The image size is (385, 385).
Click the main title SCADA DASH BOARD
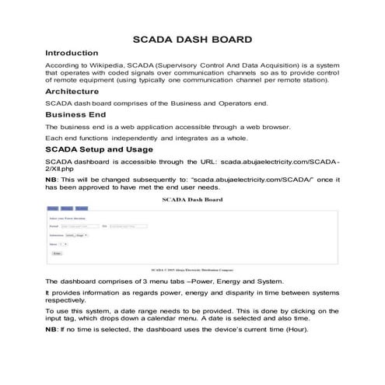point(192,38)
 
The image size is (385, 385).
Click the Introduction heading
point(72,52)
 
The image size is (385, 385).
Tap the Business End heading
point(75,114)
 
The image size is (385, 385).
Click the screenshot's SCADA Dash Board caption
point(192,200)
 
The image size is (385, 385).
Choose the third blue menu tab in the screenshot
point(81,208)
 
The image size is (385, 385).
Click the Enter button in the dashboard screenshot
point(57,254)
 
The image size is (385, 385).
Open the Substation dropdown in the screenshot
point(76,234)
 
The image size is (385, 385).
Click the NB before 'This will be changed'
point(51,179)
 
